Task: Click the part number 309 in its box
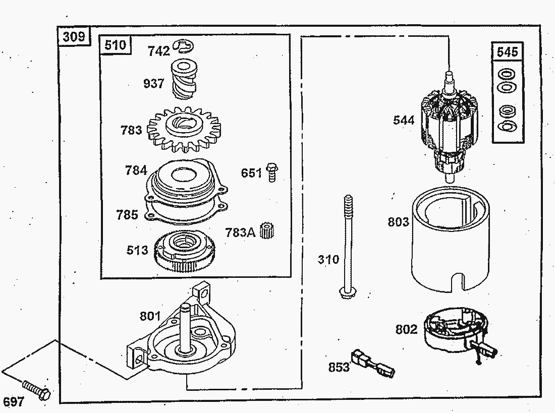[74, 36]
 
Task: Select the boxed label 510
[116, 45]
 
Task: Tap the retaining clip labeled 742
[183, 46]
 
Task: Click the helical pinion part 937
[184, 79]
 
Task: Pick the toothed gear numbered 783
[184, 129]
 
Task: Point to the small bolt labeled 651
[271, 172]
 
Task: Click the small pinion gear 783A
[267, 231]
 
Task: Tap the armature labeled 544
[450, 126]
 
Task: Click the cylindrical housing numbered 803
[450, 239]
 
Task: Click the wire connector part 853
[372, 363]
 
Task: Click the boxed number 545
[507, 52]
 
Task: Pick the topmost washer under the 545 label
[507, 75]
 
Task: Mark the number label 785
[127, 214]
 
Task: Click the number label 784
[136, 170]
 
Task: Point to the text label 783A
[240, 232]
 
